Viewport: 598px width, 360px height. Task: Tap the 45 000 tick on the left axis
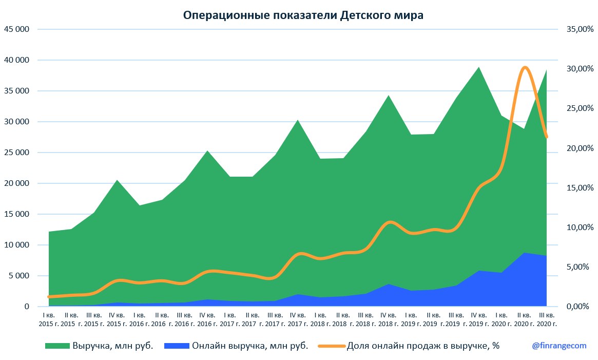point(16,29)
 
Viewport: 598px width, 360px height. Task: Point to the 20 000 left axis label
point(16,183)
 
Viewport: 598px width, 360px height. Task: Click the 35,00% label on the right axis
point(579,29)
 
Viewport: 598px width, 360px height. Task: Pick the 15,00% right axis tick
point(579,188)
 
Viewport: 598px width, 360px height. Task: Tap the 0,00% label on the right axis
point(581,307)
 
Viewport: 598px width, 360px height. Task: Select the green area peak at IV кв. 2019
point(478,67)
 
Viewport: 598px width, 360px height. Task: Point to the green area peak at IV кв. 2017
point(298,120)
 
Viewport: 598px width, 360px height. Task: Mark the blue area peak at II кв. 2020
point(524,253)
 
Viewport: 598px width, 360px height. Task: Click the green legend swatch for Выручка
point(57,346)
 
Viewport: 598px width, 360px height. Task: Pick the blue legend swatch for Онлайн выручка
point(176,346)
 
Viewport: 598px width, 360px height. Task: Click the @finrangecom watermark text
point(558,346)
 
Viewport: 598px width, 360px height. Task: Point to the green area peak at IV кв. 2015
point(117,180)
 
